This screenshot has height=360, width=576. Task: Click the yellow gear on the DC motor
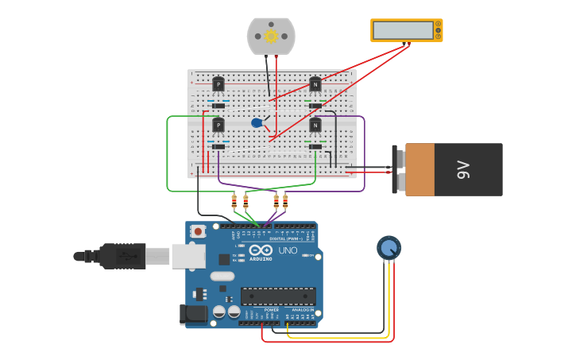(271, 36)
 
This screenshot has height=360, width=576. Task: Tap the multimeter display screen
(403, 30)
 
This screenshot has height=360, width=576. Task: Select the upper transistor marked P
(218, 83)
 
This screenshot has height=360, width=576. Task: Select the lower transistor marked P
(218, 125)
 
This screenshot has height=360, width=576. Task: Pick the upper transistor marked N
(315, 83)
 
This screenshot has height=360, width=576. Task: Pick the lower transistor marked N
(315, 125)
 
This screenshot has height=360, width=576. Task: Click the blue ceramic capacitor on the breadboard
(257, 122)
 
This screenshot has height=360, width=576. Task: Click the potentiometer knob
(389, 248)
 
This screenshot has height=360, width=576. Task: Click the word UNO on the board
(287, 250)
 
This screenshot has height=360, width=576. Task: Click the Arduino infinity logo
(261, 250)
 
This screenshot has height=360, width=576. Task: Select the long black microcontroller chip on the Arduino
(278, 296)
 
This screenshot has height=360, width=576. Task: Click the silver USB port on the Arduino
(189, 256)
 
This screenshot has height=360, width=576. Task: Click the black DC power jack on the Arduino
(193, 314)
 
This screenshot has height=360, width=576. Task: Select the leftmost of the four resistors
(234, 200)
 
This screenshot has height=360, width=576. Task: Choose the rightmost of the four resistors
(285, 200)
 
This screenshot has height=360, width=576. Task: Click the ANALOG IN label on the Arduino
(302, 309)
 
